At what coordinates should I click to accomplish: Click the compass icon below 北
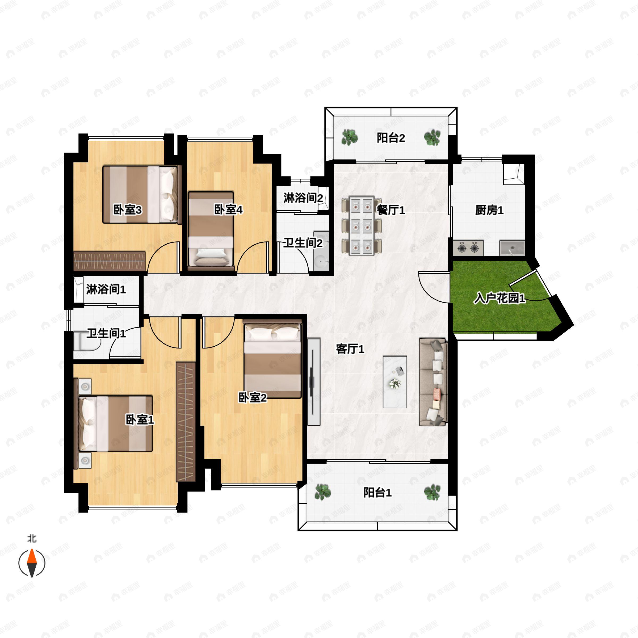pos(32,563)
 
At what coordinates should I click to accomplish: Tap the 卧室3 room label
pos(128,210)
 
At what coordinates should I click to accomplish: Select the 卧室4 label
pos(228,210)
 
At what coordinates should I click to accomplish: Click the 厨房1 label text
pos(489,210)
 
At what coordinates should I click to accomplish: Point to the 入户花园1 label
pos(499,299)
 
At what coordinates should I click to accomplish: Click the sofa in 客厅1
pos(433,382)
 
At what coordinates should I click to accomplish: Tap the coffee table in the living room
pos(395,382)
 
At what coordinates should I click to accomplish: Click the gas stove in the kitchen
pos(468,248)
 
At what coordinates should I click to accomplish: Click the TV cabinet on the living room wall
pos(314,382)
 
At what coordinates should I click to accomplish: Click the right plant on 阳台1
pos(432,492)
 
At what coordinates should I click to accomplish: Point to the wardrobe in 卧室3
pos(109,262)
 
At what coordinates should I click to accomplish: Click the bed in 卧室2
pos(272,359)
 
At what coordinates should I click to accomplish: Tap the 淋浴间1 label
pos(106,289)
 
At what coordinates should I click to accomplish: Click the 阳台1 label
pos(377,493)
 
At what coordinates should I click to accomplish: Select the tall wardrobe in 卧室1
pos(186,421)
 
